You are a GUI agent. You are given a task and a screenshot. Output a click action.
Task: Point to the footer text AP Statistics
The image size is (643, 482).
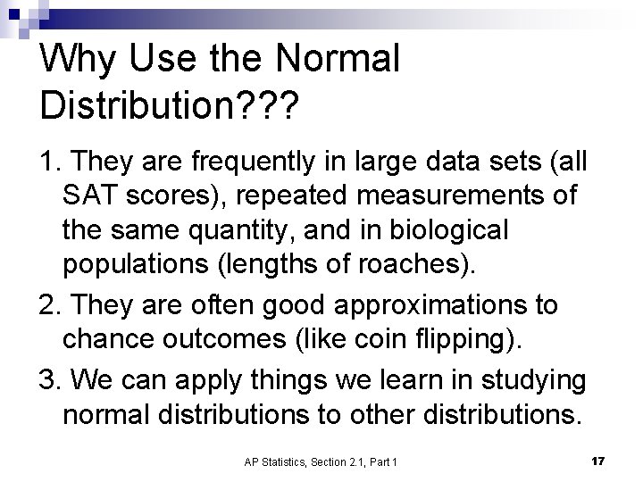click(277, 461)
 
